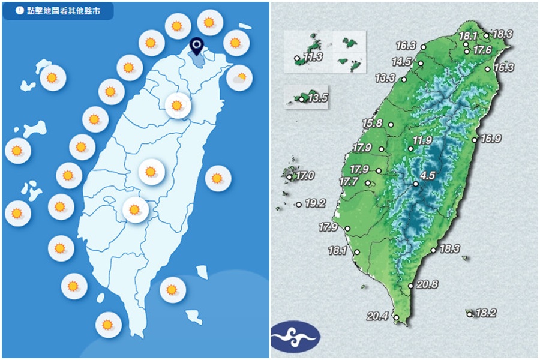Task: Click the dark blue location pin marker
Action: [x=196, y=46]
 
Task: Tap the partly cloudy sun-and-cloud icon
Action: [x=238, y=77]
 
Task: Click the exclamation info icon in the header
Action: [x=19, y=10]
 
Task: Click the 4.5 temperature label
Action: [x=427, y=176]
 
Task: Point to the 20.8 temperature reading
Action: [x=427, y=284]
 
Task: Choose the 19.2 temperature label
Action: [x=315, y=203]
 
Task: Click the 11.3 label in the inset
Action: [x=313, y=57]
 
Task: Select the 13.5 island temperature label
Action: [x=317, y=98]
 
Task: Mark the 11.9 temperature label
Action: [x=422, y=140]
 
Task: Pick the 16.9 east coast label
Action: [x=491, y=139]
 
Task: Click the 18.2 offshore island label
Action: [x=485, y=313]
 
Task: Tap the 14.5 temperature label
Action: [x=402, y=61]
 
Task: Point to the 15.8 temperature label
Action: [x=372, y=124]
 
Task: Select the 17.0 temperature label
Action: [x=305, y=176]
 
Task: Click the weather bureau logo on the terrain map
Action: [x=295, y=337]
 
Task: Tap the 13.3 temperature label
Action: [x=385, y=78]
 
